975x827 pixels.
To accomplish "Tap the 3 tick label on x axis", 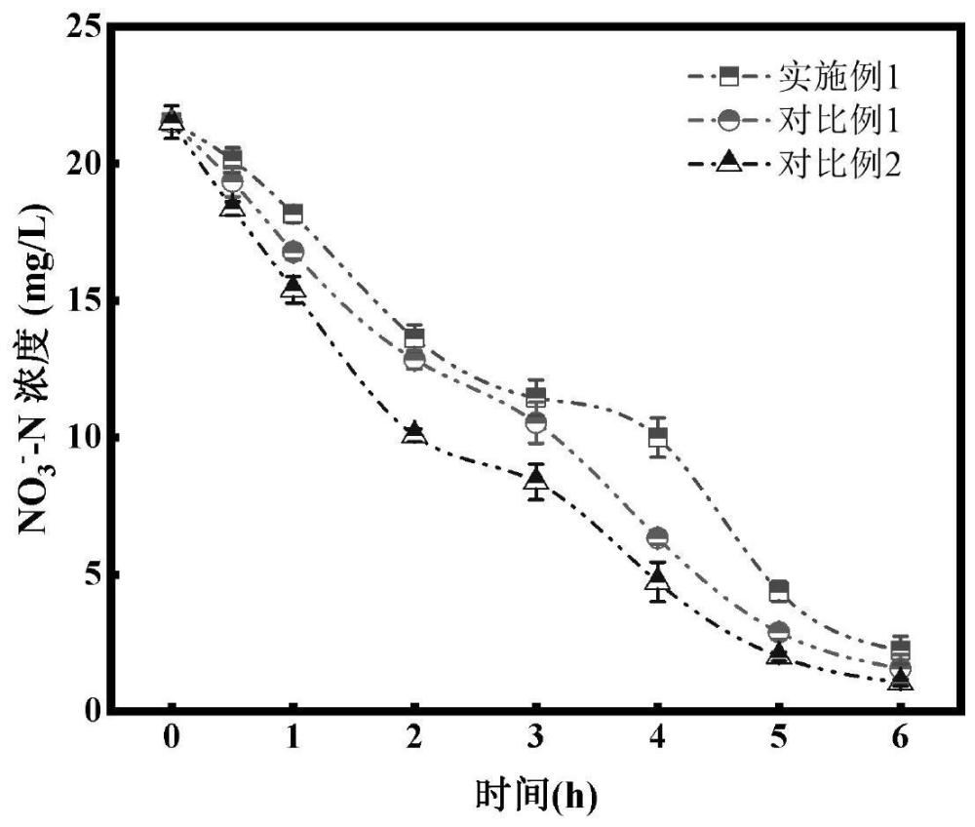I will [x=535, y=739].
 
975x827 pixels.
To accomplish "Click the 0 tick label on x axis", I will [x=171, y=739].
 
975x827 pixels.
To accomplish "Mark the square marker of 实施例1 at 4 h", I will [x=658, y=436].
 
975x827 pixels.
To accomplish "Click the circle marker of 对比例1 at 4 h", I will [x=658, y=536].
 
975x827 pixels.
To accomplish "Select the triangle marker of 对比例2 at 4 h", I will [x=658, y=578].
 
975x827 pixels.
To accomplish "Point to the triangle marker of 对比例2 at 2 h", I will [x=414, y=432].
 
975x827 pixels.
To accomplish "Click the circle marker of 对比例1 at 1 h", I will [x=292, y=252].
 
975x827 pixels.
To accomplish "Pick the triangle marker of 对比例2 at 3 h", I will [x=535, y=479].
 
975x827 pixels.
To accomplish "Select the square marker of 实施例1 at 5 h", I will [x=779, y=590].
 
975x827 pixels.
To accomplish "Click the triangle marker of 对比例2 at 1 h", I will [x=292, y=287].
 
